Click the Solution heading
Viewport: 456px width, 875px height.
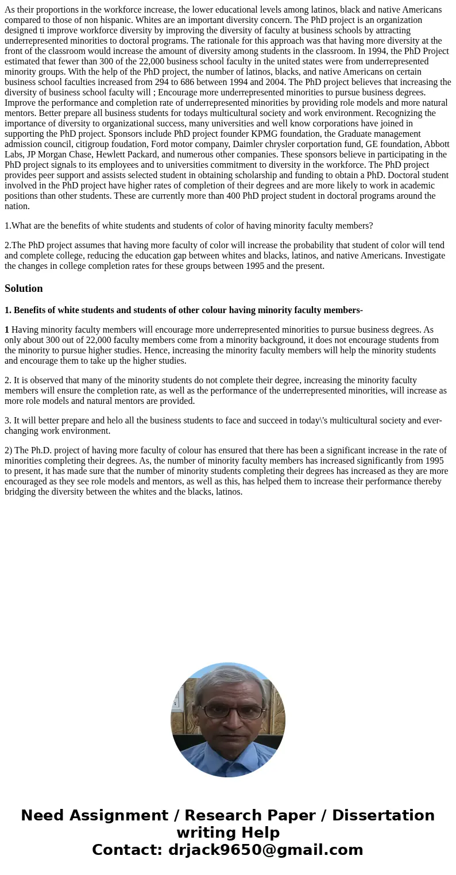click(24, 288)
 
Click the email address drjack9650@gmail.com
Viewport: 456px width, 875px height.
click(265, 850)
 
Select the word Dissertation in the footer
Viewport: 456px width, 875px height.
click(383, 815)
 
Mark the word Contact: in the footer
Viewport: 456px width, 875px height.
click(127, 850)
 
